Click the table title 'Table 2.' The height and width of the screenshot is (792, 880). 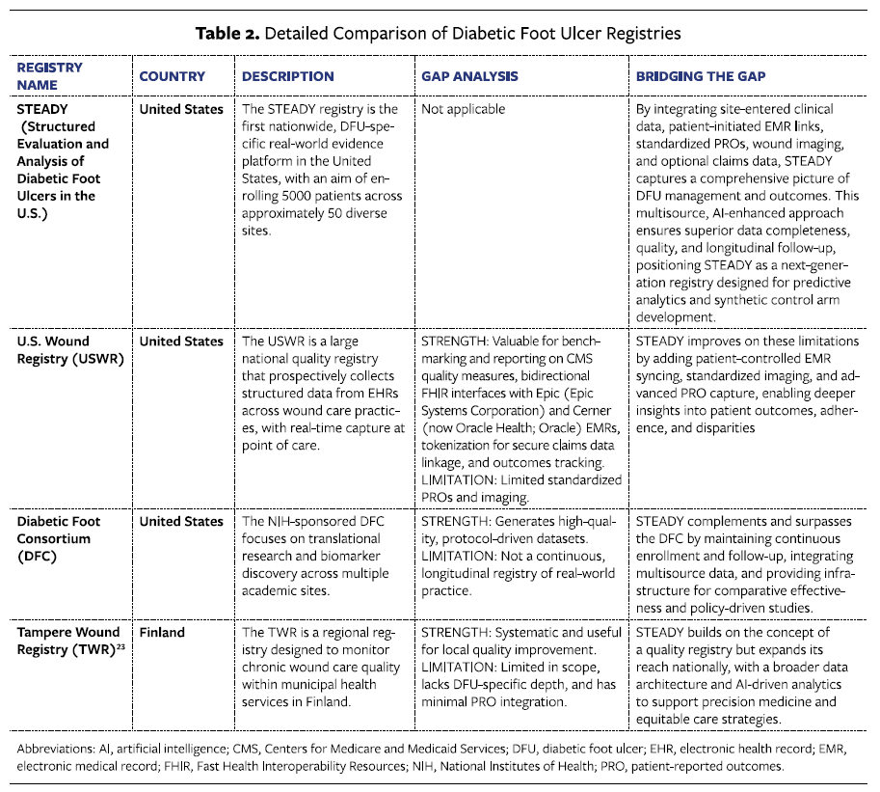(x=226, y=33)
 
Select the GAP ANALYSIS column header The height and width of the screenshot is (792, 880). (x=469, y=76)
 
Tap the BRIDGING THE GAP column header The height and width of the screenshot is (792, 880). (x=692, y=76)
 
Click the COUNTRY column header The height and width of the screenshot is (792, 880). (x=173, y=76)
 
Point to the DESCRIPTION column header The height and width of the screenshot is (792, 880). (x=288, y=76)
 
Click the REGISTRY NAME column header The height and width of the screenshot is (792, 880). (x=50, y=76)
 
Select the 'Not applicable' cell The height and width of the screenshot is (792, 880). (x=464, y=109)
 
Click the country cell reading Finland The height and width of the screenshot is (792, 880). (x=162, y=633)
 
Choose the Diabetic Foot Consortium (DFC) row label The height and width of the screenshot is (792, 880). (x=59, y=538)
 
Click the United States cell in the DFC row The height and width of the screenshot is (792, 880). (x=181, y=522)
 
